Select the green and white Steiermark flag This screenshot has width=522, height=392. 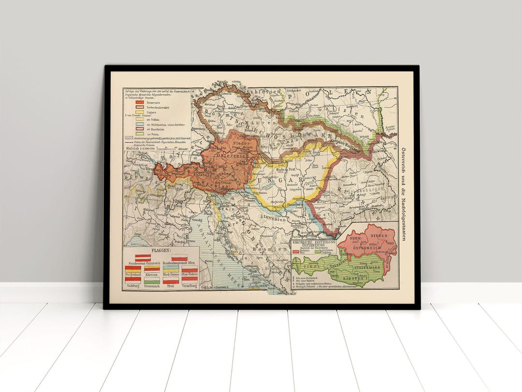click(152, 280)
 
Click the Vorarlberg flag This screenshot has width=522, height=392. click(189, 280)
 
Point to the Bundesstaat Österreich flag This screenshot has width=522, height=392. click(143, 258)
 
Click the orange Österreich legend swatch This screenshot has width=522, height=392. click(140, 102)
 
